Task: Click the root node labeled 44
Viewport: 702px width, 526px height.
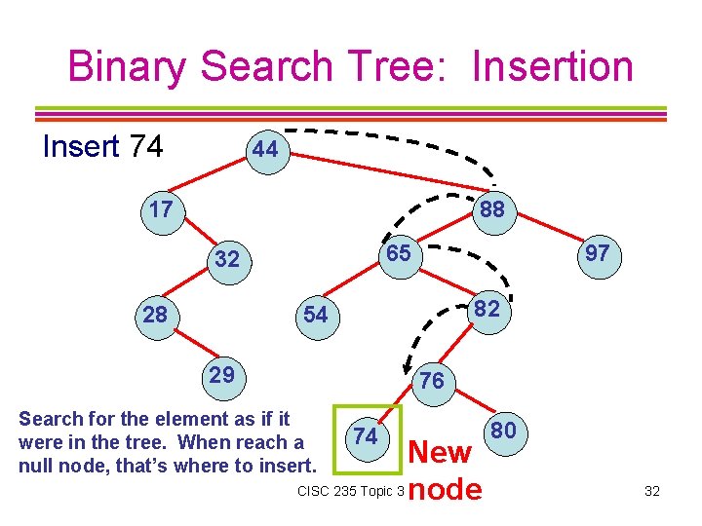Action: pyautogui.click(x=265, y=151)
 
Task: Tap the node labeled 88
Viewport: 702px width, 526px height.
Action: pyautogui.click(x=491, y=209)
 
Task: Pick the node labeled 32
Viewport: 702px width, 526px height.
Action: pyautogui.click(x=226, y=259)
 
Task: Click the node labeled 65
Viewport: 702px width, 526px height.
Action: pyautogui.click(x=397, y=254)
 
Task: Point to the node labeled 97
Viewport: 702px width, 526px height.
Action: pyautogui.click(x=597, y=254)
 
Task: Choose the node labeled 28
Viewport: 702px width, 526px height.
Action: pyautogui.click(x=155, y=315)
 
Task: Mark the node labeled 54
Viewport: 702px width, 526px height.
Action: pyautogui.click(x=315, y=315)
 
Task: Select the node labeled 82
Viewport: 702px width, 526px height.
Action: pyautogui.click(x=487, y=310)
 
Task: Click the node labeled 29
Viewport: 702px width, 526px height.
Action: pyautogui.click(x=222, y=375)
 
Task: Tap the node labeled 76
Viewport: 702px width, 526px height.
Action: pyautogui.click(x=431, y=381)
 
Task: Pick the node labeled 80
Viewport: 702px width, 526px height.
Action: pyautogui.click(x=504, y=431)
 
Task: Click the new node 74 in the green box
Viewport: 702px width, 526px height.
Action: pyautogui.click(x=366, y=436)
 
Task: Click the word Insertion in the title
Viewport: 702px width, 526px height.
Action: pyautogui.click(x=552, y=66)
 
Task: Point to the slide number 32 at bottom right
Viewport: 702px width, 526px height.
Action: pyautogui.click(x=652, y=491)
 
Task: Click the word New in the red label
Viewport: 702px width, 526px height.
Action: pyautogui.click(x=442, y=453)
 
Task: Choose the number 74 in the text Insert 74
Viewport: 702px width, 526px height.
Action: pyautogui.click(x=145, y=147)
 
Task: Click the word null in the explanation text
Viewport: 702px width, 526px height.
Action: pyautogui.click(x=36, y=465)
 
